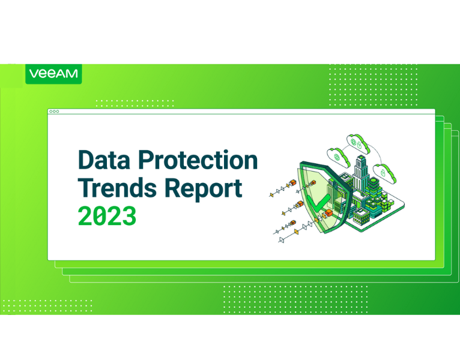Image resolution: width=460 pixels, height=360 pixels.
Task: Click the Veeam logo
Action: pos(53,74)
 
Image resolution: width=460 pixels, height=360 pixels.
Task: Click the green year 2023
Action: pos(107,217)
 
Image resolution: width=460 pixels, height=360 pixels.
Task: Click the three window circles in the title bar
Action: pos(54,112)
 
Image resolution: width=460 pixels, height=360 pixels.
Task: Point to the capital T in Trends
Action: pos(86,188)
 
